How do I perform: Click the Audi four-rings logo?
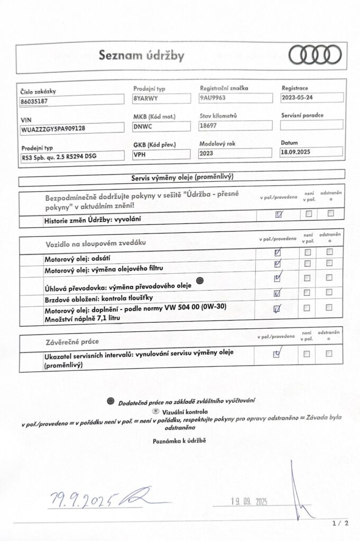tap(315, 54)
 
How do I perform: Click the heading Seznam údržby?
tap(142, 55)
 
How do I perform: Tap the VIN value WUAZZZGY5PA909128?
tap(54, 128)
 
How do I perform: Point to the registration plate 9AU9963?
tap(214, 98)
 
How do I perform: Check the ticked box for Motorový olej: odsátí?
tap(278, 252)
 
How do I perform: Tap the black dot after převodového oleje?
tap(200, 280)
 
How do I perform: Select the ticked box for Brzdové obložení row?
tap(278, 293)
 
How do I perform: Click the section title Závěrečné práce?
tap(71, 341)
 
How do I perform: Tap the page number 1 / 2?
tap(341, 524)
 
